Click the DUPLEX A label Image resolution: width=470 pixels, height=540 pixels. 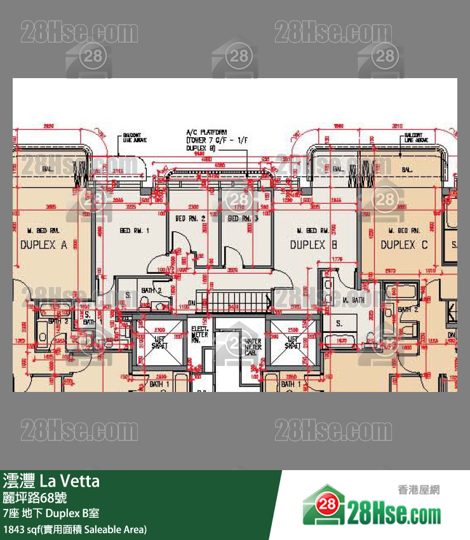tap(44, 245)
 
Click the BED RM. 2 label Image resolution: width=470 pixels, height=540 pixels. tap(190, 219)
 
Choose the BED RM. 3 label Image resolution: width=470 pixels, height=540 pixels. tap(243, 219)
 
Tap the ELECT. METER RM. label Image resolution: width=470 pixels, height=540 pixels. tap(200, 335)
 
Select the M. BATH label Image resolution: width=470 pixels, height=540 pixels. tap(352, 300)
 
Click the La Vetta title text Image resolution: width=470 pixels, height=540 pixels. tap(51, 481)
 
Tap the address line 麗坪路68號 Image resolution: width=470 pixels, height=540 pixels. tap(35, 497)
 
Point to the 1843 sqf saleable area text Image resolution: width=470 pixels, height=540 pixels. tap(75, 529)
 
